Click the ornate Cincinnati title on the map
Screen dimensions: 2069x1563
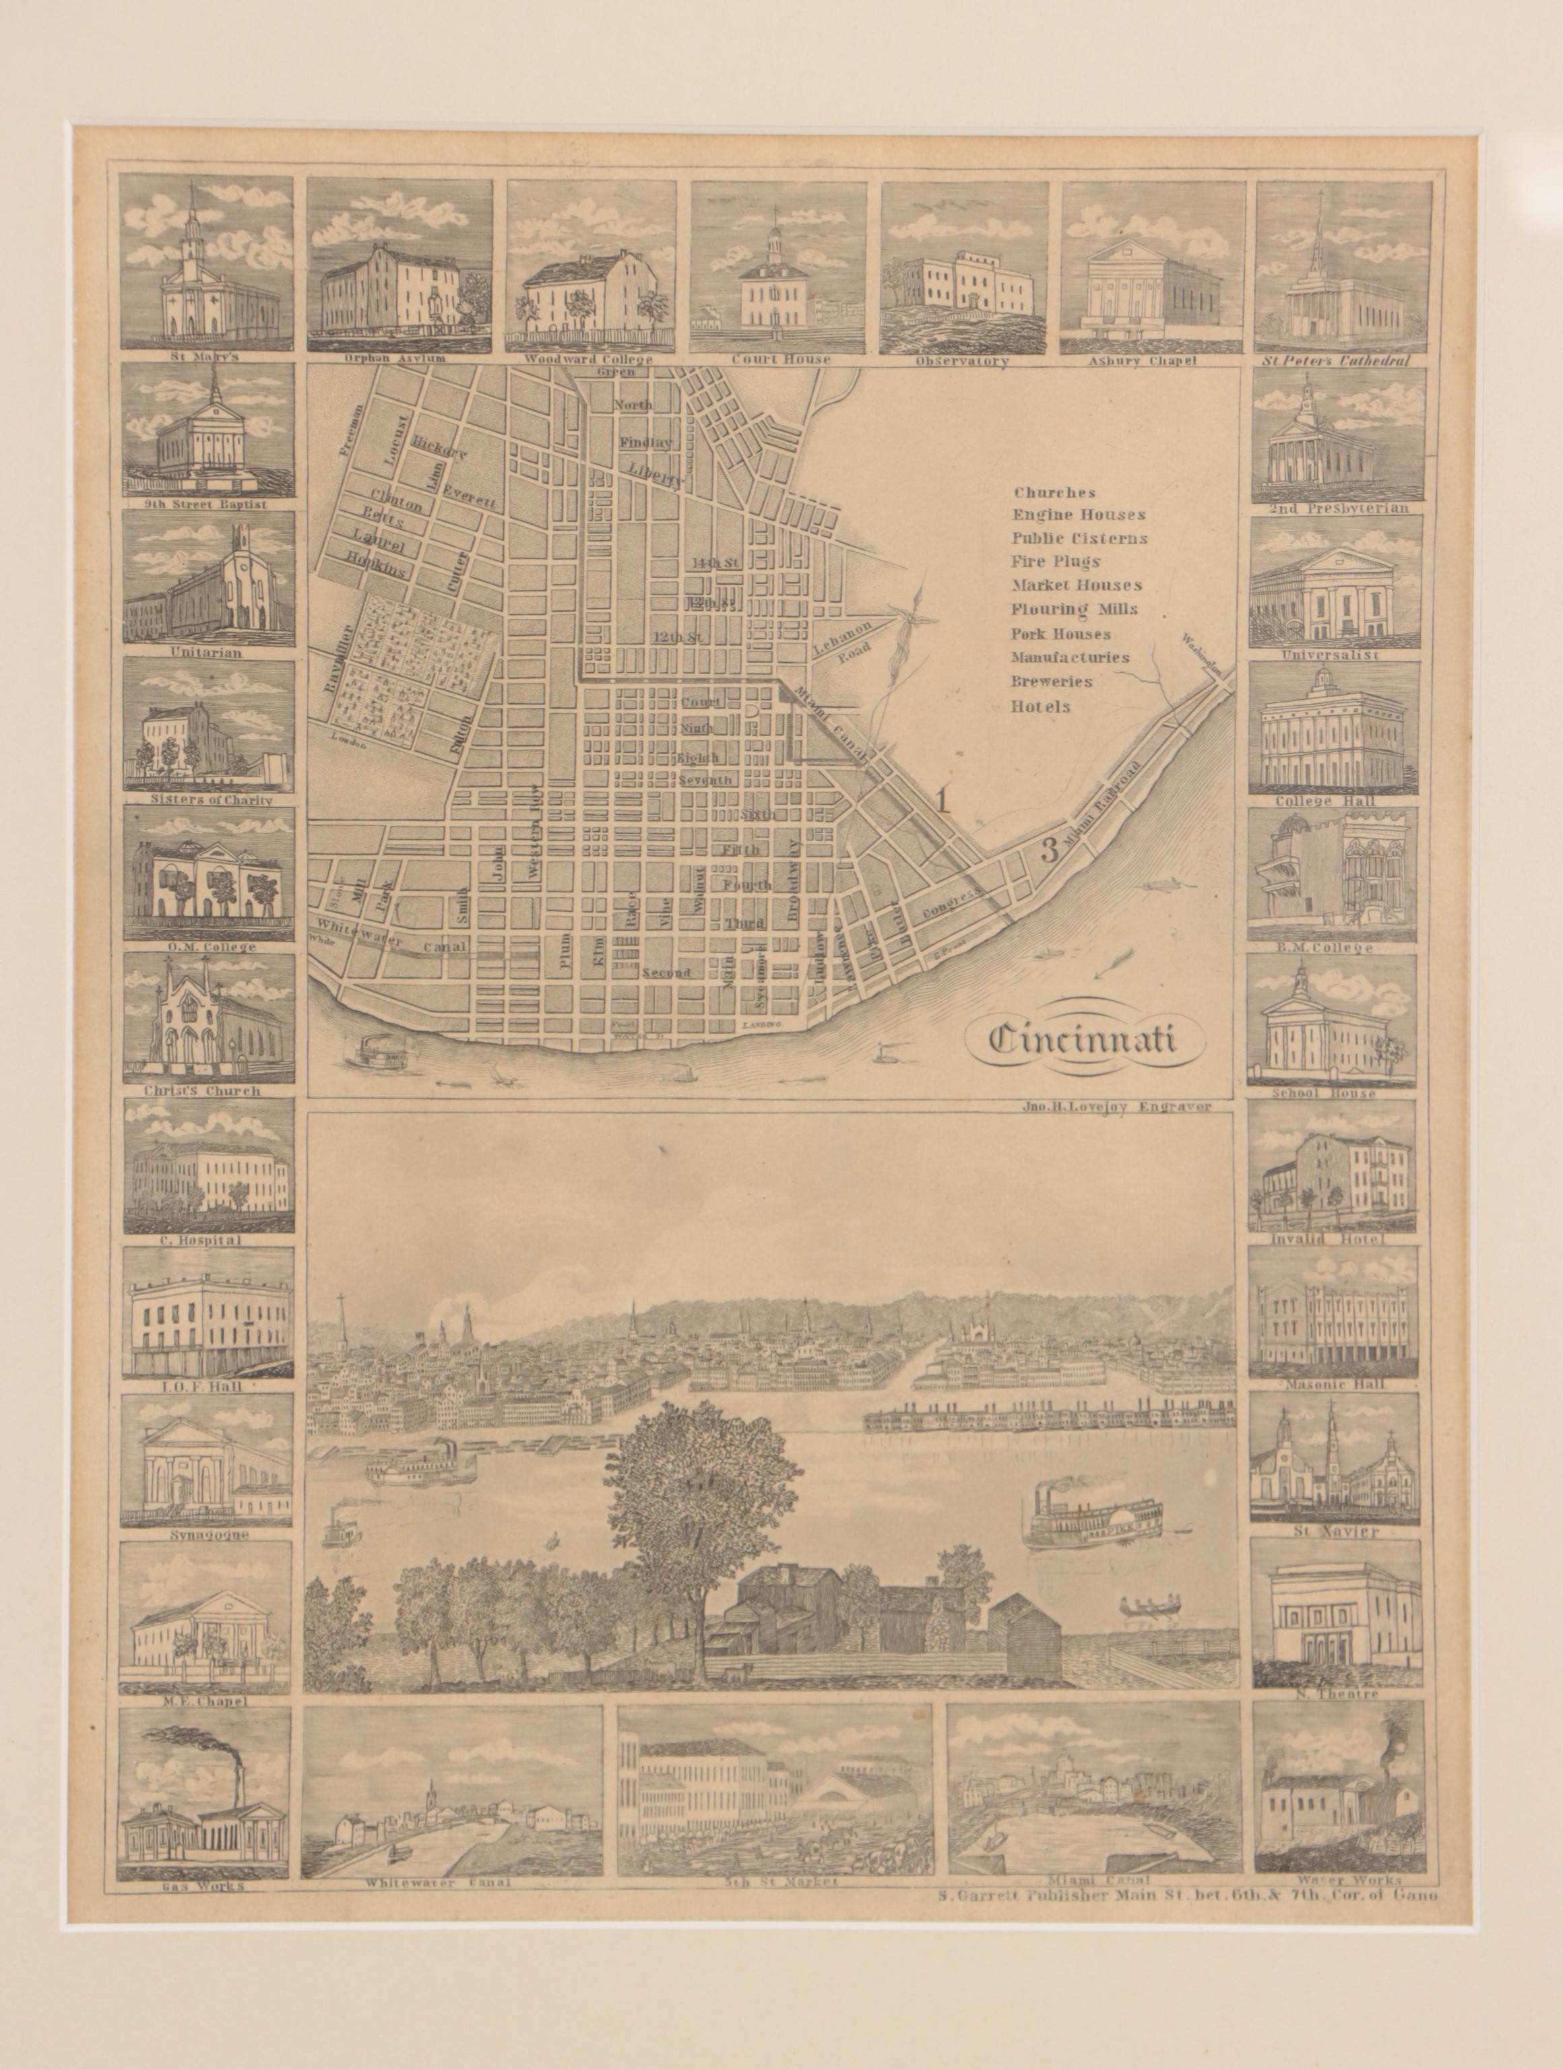coord(1081,1039)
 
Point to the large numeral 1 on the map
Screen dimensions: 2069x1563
coord(944,801)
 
